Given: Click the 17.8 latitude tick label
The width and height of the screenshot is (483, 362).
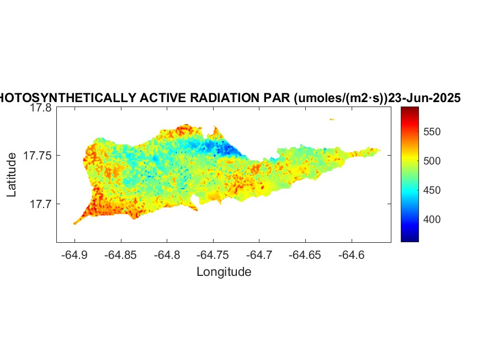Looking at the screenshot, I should click(41, 108).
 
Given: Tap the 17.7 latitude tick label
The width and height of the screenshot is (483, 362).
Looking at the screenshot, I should click(41, 204).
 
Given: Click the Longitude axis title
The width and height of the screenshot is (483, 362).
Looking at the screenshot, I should click(224, 272).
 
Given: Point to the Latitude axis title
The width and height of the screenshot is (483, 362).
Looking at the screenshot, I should click(12, 175).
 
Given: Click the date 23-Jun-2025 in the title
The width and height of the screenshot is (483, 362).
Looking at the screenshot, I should click(424, 98).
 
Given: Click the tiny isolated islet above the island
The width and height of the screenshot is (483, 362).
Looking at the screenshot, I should click(332, 119).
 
